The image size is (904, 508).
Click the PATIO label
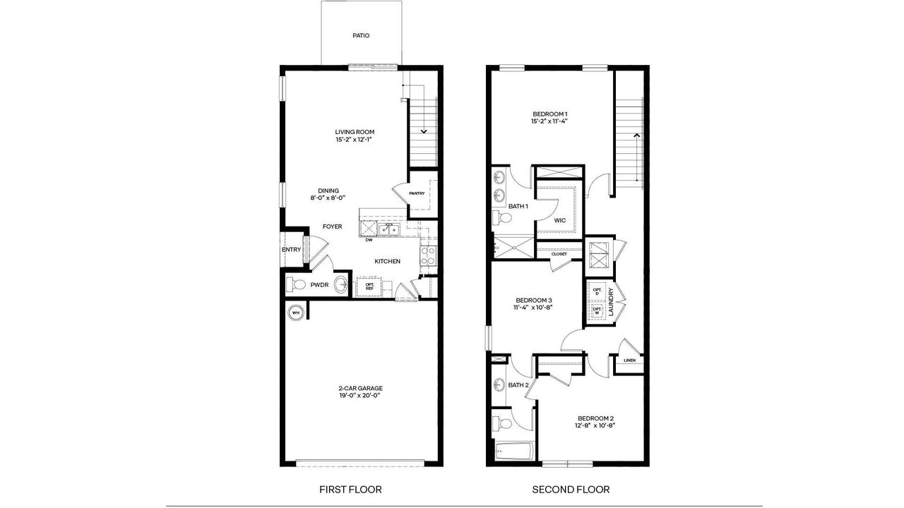(x=361, y=35)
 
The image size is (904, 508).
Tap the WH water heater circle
(x=296, y=312)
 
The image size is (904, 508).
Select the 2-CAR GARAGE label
(x=360, y=388)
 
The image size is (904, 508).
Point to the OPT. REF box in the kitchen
(x=369, y=286)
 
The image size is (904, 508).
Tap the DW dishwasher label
(x=369, y=240)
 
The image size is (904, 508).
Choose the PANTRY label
(x=417, y=193)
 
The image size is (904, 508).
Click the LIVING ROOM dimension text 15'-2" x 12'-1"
(x=355, y=140)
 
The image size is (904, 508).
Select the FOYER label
(x=332, y=226)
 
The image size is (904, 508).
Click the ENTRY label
(x=291, y=250)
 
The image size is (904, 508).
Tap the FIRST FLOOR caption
(x=350, y=489)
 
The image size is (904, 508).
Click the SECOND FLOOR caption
(x=571, y=489)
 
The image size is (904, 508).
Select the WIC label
(x=559, y=220)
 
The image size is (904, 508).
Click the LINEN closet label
(x=629, y=361)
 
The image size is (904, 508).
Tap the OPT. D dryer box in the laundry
(x=597, y=291)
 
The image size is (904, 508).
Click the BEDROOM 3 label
(x=533, y=299)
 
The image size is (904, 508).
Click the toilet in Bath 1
(x=501, y=221)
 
